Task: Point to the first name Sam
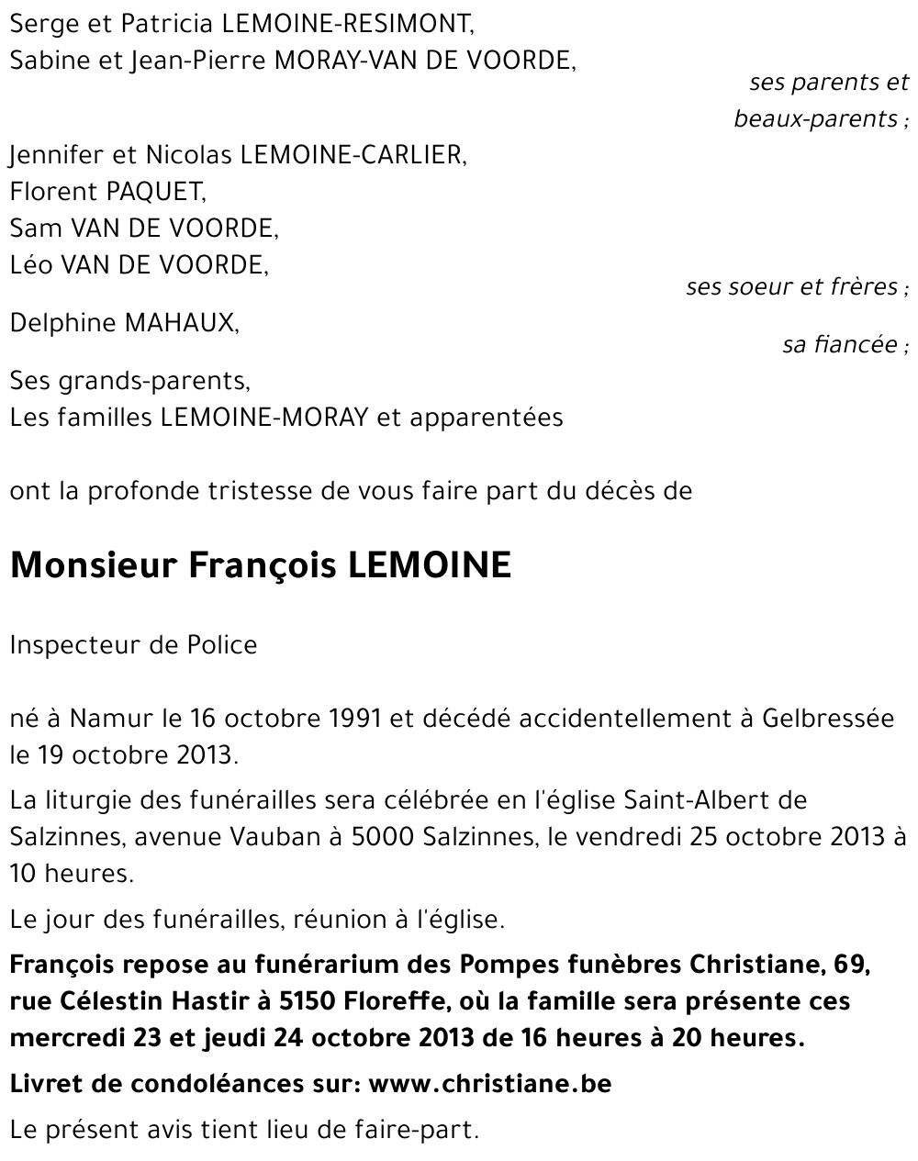(x=31, y=229)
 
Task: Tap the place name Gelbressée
(x=828, y=719)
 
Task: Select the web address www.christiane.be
(x=489, y=1083)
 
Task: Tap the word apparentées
(x=486, y=418)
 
